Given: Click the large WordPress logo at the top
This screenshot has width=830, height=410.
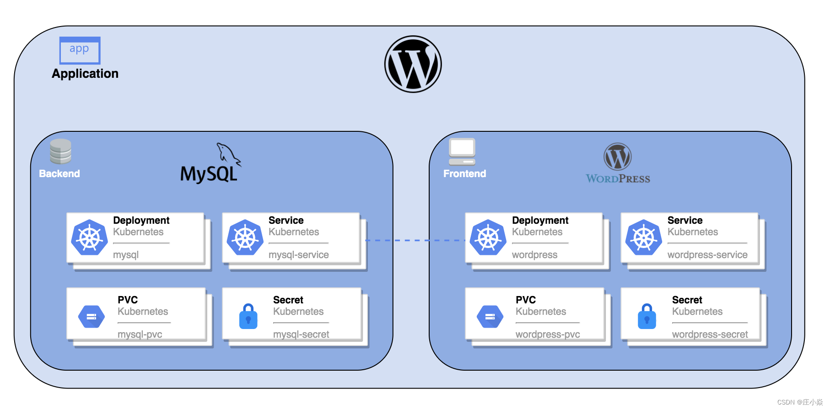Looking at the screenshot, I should [413, 64].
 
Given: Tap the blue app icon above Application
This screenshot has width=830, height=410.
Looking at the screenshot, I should [80, 50].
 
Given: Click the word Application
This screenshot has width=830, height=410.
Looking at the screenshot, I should [85, 74].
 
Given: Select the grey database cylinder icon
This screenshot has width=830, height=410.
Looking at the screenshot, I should [60, 151].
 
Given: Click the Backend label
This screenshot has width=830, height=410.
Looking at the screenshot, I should [59, 174].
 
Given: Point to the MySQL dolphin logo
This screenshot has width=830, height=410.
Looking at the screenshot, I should [228, 154].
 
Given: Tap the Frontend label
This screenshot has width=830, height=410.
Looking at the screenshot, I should [464, 174].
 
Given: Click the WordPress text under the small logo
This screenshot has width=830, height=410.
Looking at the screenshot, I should [618, 179].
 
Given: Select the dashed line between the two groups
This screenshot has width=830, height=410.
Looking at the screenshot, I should [415, 240].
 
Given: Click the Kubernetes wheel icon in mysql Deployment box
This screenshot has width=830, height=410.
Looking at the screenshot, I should [90, 237].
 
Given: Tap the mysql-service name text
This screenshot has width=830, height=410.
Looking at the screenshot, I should [298, 255].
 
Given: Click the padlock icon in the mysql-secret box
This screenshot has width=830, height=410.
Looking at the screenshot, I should [248, 316].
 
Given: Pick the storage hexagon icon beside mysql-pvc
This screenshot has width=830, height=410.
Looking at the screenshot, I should [92, 317].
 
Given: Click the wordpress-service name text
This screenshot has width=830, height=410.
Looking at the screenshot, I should [707, 255].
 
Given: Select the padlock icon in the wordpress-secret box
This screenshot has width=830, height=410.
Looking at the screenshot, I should [647, 316].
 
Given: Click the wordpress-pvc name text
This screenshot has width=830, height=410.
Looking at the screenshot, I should [548, 334].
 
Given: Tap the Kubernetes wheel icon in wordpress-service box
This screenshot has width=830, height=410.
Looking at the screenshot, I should [644, 237].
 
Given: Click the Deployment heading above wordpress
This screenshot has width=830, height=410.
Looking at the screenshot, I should [540, 221].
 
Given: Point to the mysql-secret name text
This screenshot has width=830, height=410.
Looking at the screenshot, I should [301, 334].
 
